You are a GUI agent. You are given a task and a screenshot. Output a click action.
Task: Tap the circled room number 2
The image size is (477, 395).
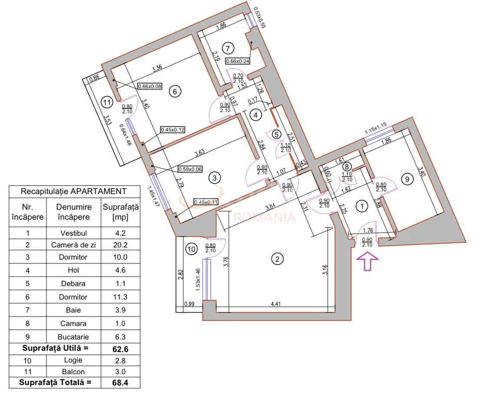click(x=277, y=259)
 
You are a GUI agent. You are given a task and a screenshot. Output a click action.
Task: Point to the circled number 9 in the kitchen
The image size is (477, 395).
click(x=407, y=179)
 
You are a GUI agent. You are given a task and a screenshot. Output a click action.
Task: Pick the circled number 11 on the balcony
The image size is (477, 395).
click(x=107, y=102)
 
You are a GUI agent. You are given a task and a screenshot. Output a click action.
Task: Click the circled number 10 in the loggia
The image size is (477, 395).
click(x=191, y=249)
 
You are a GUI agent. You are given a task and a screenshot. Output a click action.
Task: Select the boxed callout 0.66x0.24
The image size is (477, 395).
click(x=238, y=61)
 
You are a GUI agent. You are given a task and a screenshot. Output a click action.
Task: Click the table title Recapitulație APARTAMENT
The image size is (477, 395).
click(x=74, y=191)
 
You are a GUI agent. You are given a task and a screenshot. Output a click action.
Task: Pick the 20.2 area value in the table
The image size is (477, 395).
click(x=120, y=245)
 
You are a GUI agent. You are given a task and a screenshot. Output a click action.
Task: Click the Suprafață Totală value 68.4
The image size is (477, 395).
click(x=120, y=383)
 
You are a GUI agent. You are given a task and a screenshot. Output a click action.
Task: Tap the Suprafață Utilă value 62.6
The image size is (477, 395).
click(x=120, y=348)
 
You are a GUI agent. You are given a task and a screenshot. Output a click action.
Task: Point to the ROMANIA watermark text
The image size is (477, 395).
click(x=265, y=217)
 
